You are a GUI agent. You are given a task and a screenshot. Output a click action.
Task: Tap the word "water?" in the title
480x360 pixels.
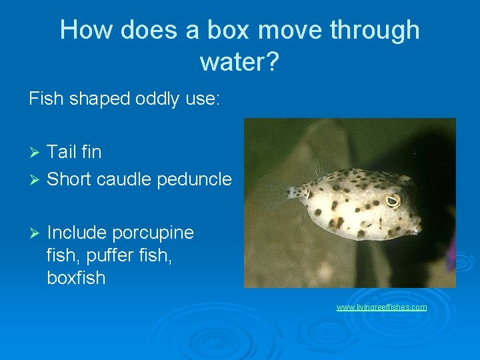click(x=239, y=62)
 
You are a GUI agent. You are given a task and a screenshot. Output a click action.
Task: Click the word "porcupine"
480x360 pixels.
click(x=153, y=233)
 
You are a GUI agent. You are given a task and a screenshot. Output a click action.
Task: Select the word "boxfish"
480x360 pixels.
click(x=76, y=278)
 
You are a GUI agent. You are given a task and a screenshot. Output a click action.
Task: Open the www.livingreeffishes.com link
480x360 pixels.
click(x=381, y=307)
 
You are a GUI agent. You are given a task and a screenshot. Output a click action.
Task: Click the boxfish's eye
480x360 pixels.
click(x=393, y=200)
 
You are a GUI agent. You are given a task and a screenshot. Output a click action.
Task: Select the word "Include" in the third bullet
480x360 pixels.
click(x=77, y=233)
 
